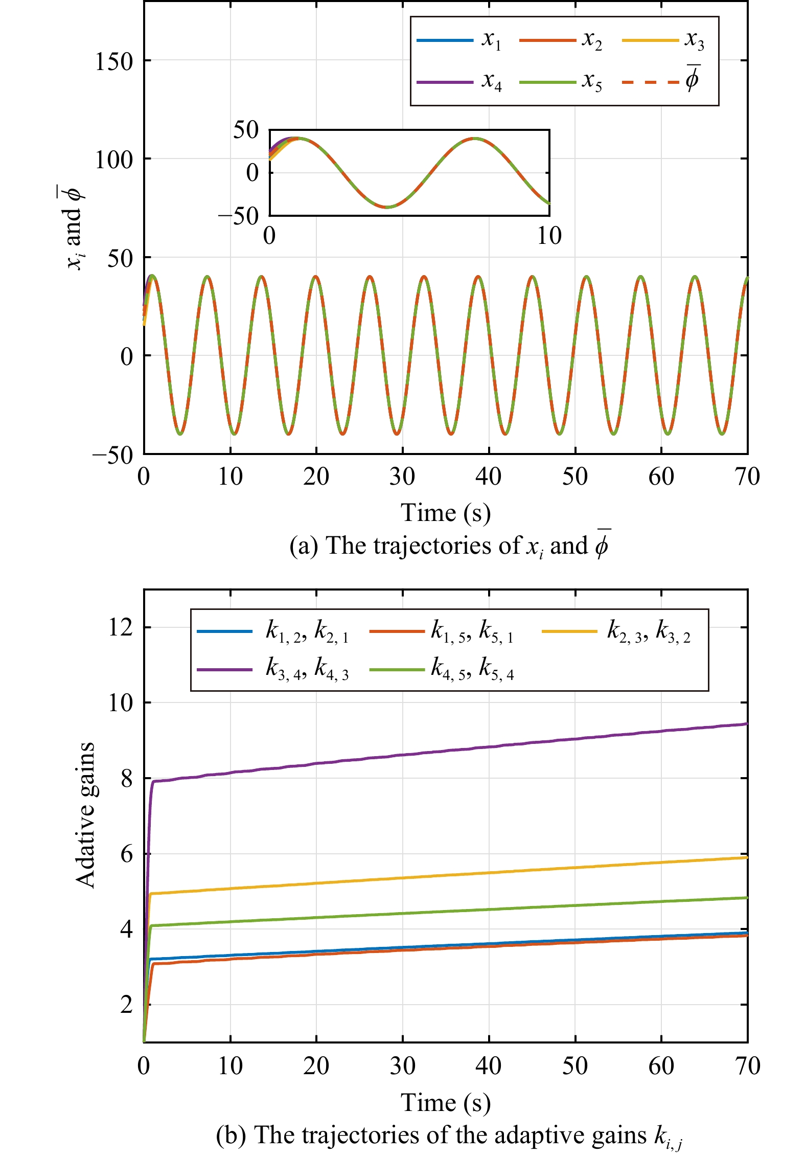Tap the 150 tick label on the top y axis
(113, 62)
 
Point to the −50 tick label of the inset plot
(238, 216)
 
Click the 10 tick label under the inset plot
(549, 236)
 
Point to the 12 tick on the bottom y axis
(121, 627)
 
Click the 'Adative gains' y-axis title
(85, 815)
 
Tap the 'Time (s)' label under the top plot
(445, 513)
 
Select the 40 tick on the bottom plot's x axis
(489, 1066)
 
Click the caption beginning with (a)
(449, 546)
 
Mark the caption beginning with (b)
(449, 1135)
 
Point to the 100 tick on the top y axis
(113, 160)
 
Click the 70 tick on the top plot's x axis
(747, 477)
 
